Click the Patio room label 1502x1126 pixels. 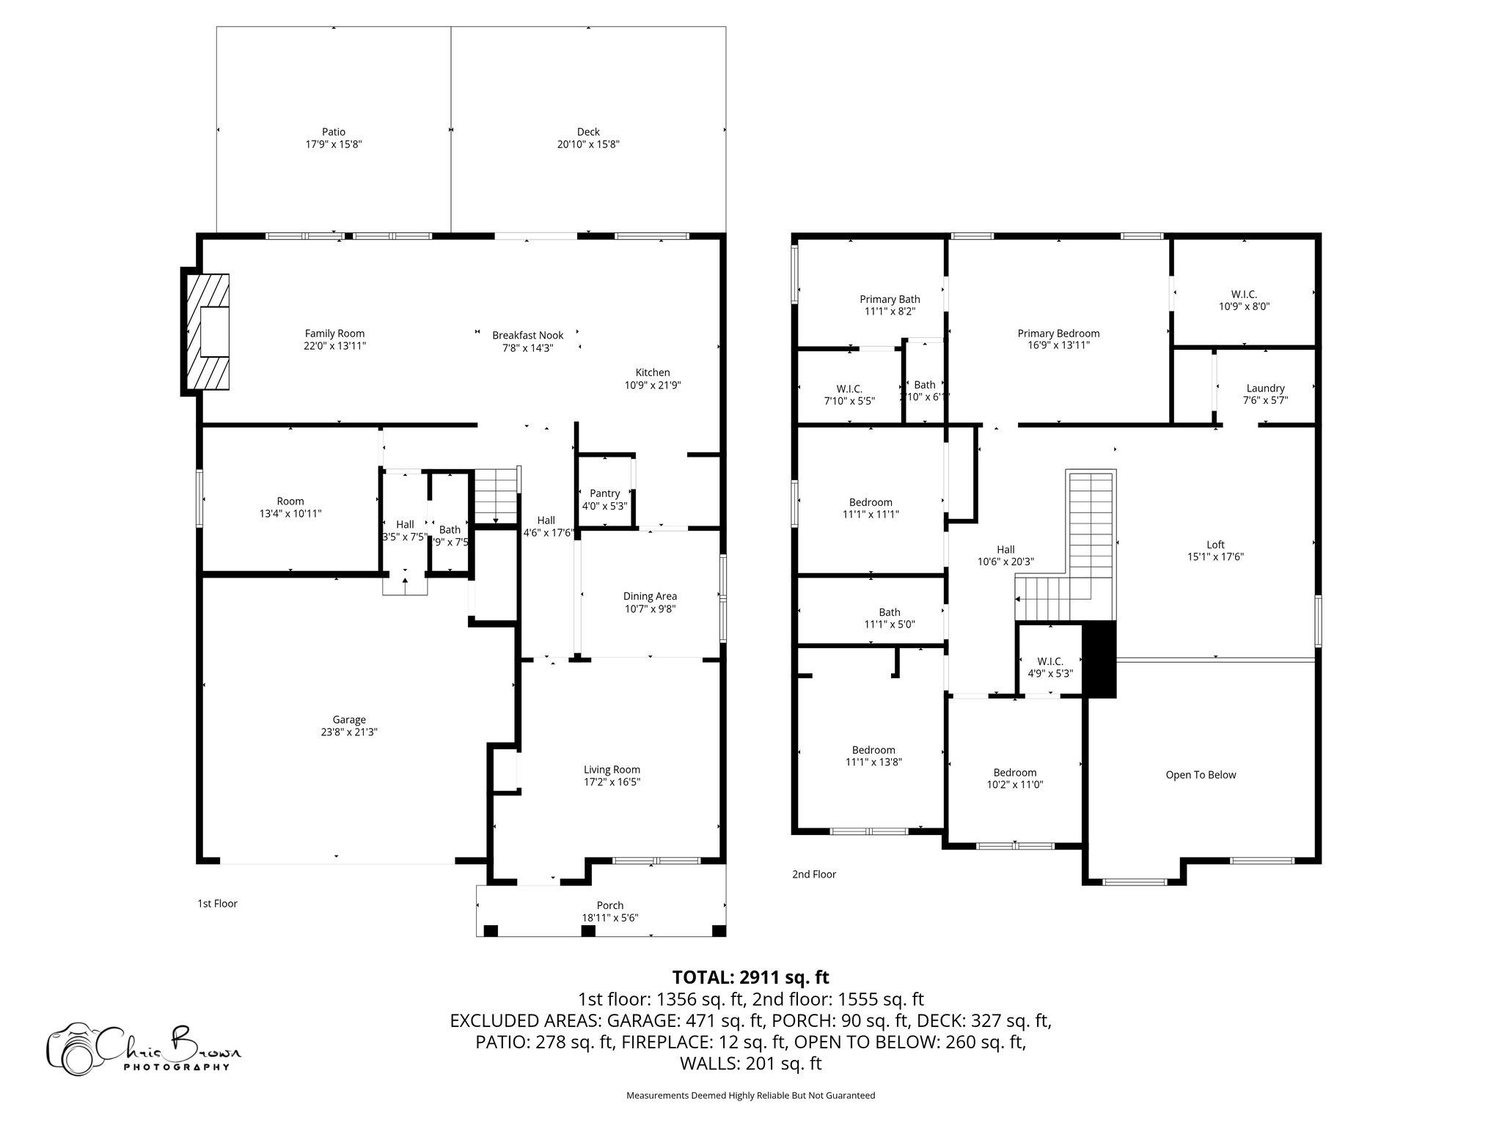(x=334, y=132)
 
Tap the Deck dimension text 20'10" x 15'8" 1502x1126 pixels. (x=588, y=144)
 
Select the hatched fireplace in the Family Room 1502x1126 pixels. (x=207, y=331)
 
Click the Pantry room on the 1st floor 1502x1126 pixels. (x=605, y=498)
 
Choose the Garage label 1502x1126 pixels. (x=349, y=719)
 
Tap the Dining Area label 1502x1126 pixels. (x=650, y=596)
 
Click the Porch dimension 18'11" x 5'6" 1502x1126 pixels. (x=610, y=917)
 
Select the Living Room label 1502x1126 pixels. (x=612, y=769)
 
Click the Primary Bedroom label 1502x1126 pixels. (x=1058, y=333)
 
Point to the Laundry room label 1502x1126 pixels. (x=1265, y=388)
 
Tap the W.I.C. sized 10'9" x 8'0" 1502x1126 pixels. (x=1244, y=300)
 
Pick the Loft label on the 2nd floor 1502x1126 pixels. (x=1215, y=544)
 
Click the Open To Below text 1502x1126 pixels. (x=1201, y=774)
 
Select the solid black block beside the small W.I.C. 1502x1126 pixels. (x=1099, y=659)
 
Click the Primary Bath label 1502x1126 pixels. (x=890, y=298)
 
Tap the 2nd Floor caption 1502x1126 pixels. (x=813, y=874)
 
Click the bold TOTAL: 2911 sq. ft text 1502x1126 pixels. (x=750, y=977)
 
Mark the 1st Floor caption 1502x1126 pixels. (x=217, y=903)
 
